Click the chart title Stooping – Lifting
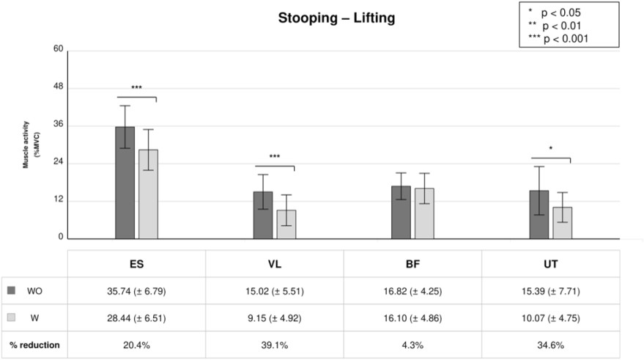tap(336, 18)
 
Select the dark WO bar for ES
tap(125, 183)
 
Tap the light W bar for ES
tap(148, 194)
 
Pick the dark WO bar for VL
tap(263, 215)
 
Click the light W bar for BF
tap(424, 213)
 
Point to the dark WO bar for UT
tap(538, 215)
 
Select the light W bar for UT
tap(562, 223)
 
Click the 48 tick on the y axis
tap(59, 87)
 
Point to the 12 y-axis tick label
tap(59, 199)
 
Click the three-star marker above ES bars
tap(136, 87)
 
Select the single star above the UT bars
tap(551, 148)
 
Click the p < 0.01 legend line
tap(555, 26)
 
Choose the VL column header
tap(274, 264)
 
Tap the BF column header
tap(412, 264)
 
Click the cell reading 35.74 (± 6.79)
tap(136, 291)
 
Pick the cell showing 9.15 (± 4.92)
tap(274, 318)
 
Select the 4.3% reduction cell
tap(412, 345)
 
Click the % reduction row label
tap(34, 345)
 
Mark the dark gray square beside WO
tap(11, 290)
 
